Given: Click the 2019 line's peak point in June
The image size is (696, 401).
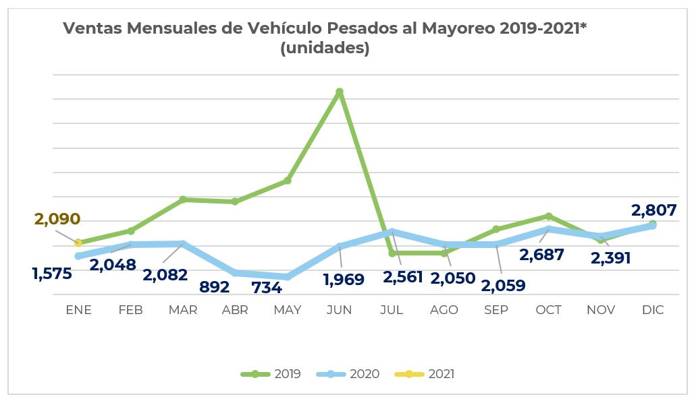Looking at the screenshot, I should tap(340, 92).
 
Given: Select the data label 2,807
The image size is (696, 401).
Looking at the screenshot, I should tap(653, 210).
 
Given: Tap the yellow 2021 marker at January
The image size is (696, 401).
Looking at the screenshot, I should tap(78, 243).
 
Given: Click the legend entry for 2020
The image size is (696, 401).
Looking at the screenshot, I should tap(356, 374).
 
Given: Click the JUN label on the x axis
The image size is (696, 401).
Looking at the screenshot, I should tap(339, 310).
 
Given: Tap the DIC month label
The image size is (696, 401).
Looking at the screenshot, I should tap(653, 310).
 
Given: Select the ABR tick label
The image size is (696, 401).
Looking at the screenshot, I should tap(235, 310).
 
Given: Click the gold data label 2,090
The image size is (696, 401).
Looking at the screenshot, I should tap(57, 219).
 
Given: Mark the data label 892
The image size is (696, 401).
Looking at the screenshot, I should tap(215, 286).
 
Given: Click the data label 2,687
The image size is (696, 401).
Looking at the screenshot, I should tap(541, 255).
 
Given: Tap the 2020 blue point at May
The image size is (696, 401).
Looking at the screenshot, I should tap(288, 276).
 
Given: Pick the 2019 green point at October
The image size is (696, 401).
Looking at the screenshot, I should tap(549, 216).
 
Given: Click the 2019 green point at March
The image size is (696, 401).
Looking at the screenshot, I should tap(183, 199).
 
